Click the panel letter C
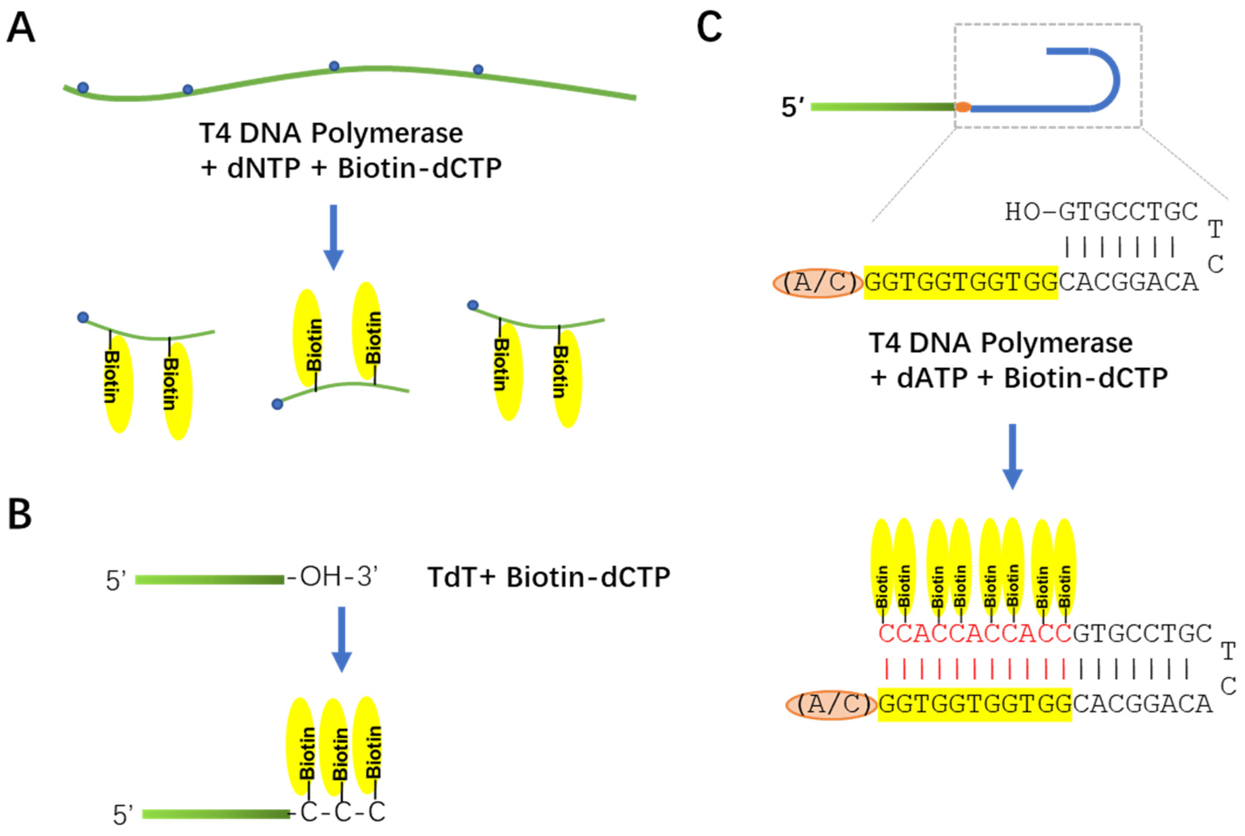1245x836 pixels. [x=709, y=28]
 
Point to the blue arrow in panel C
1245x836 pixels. [x=1013, y=456]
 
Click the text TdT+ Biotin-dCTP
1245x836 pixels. [x=548, y=578]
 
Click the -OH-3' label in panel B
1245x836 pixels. [x=333, y=577]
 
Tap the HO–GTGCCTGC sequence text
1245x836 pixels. [x=1101, y=212]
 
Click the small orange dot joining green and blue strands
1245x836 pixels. [x=963, y=107]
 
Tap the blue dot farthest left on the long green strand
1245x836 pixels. [x=83, y=87]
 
